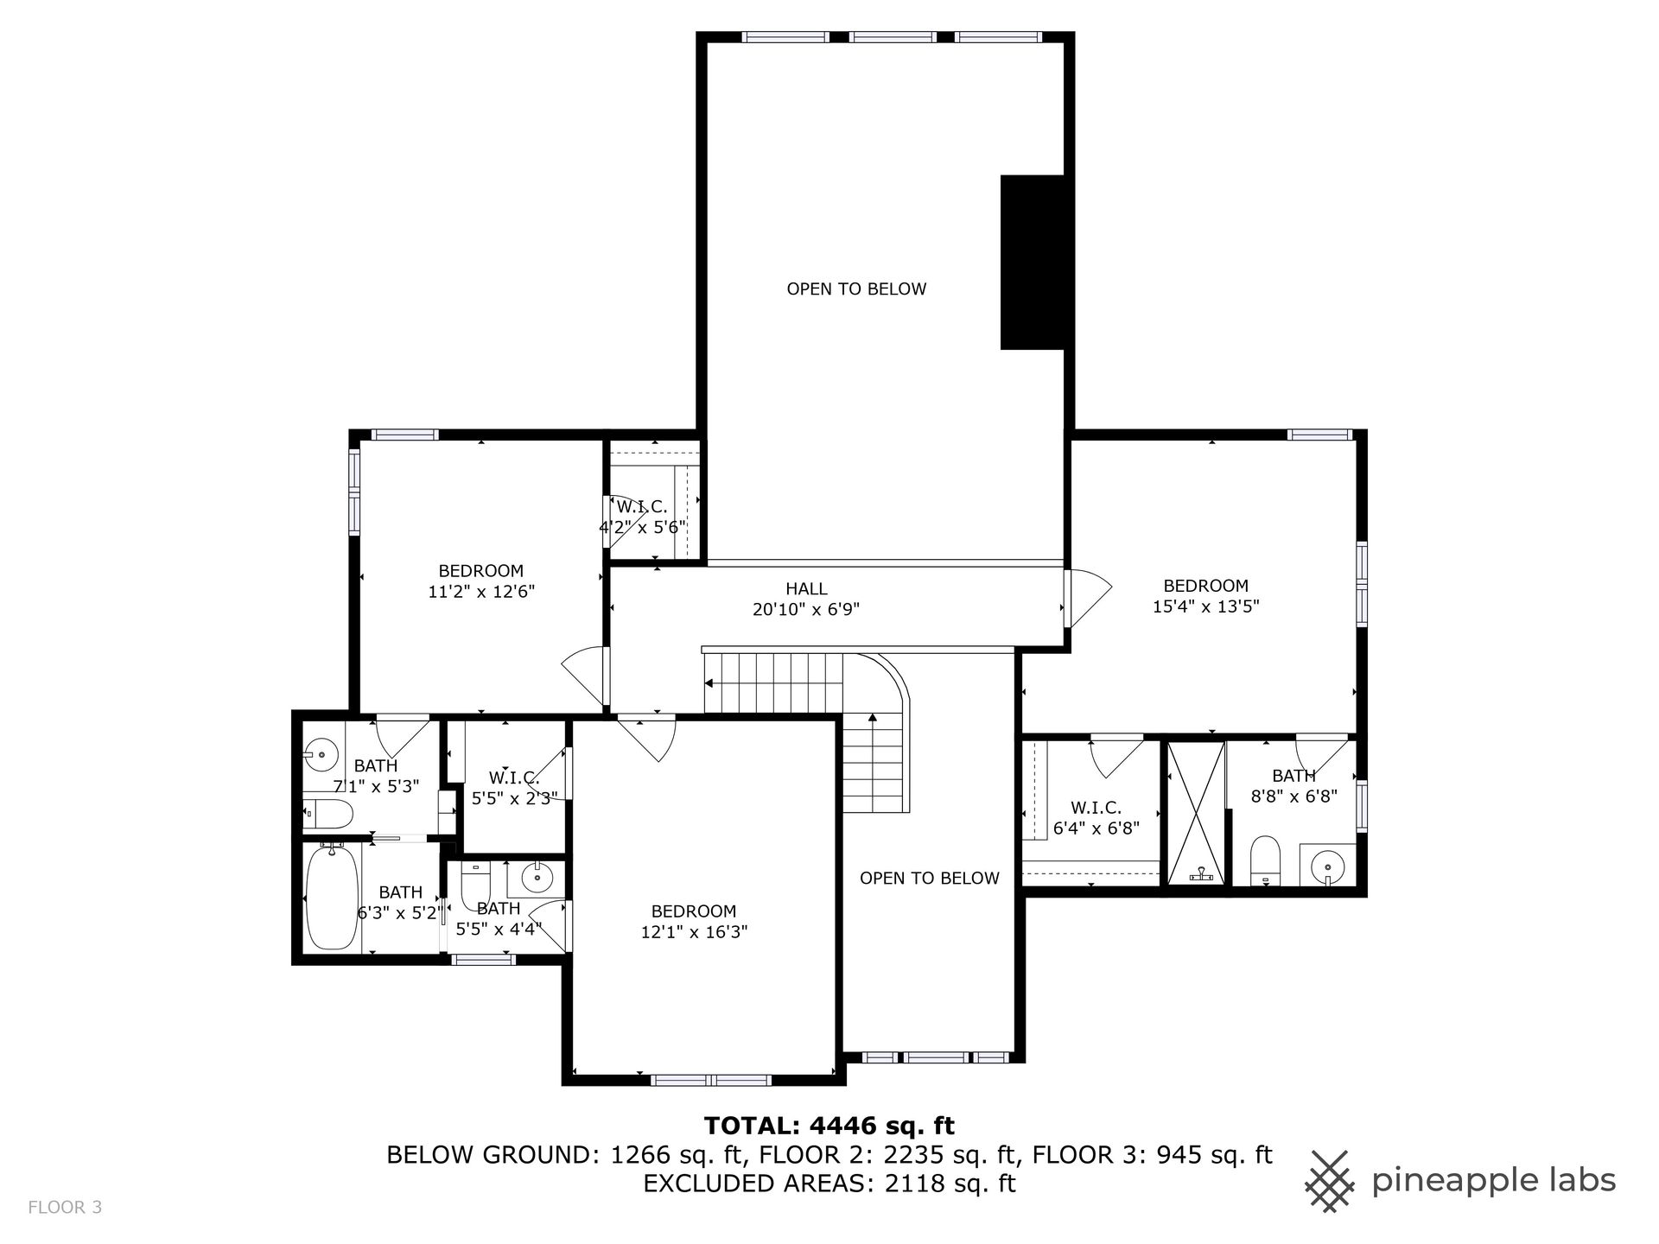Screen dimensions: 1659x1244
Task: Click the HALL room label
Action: pos(806,589)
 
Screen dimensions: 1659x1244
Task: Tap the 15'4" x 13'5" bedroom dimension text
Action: pos(1205,606)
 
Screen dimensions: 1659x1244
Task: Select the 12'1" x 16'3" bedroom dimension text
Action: pos(693,932)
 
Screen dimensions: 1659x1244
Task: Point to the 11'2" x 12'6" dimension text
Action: pos(481,592)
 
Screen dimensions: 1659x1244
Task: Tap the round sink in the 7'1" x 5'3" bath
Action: pos(321,755)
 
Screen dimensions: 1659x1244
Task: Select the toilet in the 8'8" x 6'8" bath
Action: pos(1265,860)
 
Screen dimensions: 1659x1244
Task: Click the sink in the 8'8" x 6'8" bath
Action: pos(1327,866)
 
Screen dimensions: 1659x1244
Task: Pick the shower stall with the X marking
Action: pos(1196,813)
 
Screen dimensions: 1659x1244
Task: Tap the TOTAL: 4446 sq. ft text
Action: pos(829,1126)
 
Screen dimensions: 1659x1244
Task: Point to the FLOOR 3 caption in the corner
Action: pos(65,1207)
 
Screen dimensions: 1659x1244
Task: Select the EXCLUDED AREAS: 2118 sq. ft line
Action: pos(829,1184)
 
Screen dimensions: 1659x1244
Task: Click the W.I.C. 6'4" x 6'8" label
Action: pos(1096,817)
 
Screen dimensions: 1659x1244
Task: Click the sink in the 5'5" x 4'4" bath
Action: pos(537,879)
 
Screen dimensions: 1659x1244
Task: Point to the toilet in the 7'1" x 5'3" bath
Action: pos(328,813)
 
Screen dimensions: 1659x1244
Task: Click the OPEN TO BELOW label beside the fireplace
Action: pos(856,289)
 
